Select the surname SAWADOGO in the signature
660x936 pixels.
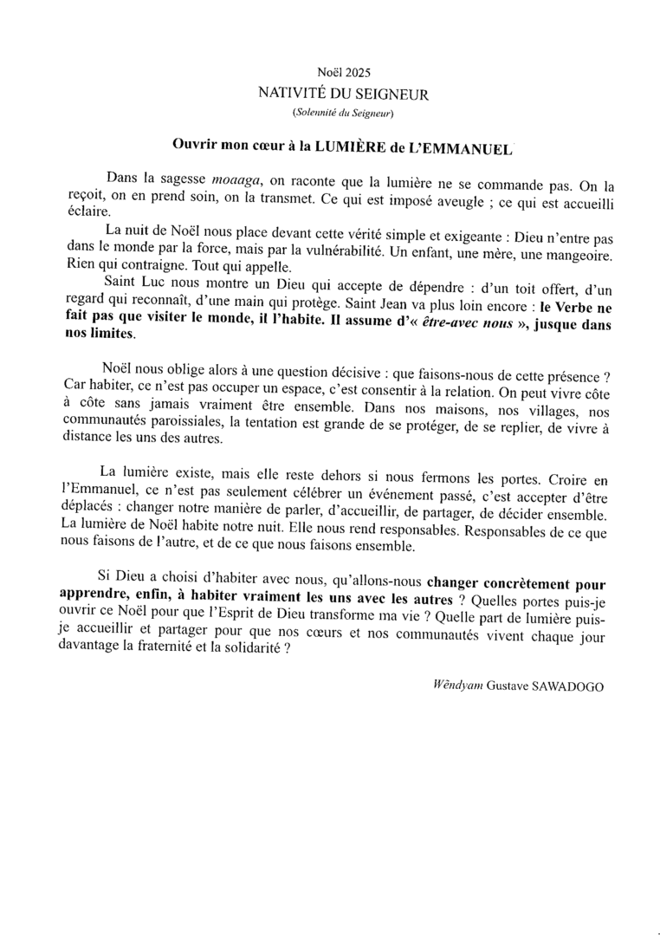[x=567, y=686]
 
